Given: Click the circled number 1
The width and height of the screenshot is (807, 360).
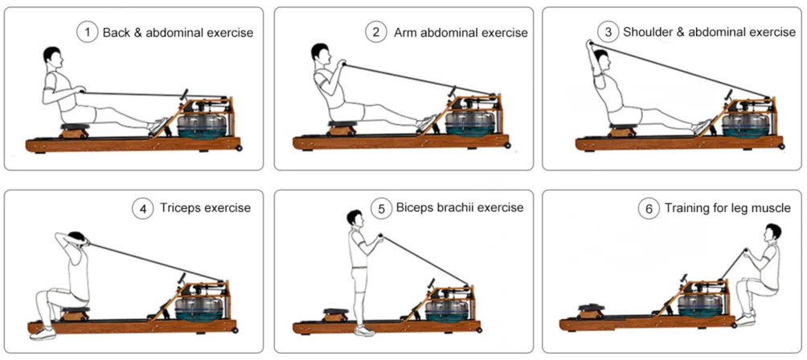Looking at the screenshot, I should point(87,32).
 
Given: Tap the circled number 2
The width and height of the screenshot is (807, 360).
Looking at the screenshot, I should point(375,32).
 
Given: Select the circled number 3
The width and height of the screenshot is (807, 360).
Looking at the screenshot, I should point(608,32).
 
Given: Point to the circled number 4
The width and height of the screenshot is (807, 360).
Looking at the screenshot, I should point(142,208).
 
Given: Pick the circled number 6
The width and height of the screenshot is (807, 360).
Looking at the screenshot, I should point(649,208).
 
